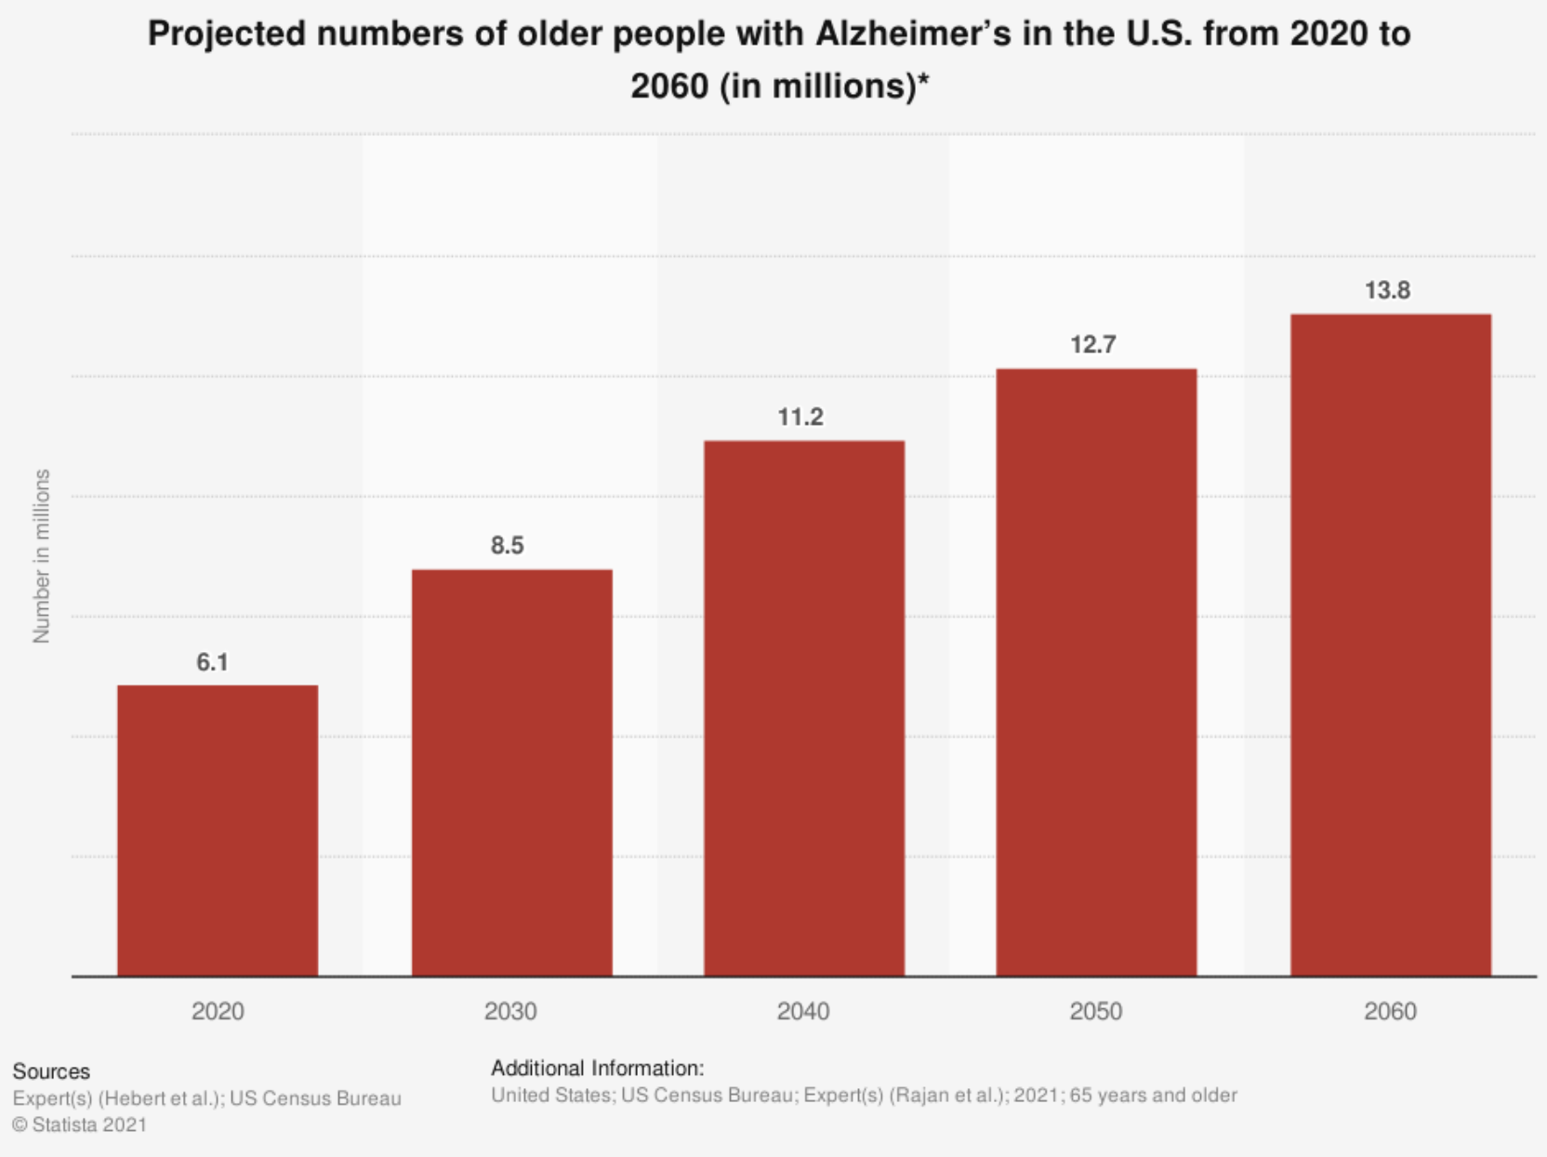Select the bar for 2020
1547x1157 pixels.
point(218,830)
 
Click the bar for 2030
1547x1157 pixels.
point(511,772)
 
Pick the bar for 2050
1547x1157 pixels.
point(1096,672)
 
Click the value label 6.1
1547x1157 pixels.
point(212,662)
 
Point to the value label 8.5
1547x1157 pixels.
point(508,545)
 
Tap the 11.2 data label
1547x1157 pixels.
point(800,417)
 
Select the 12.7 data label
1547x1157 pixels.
point(1092,345)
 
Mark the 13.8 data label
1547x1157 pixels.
point(1387,291)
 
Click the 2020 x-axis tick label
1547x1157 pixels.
point(218,1011)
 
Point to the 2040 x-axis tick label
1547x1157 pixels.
point(803,1011)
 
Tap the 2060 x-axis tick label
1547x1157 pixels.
point(1390,1011)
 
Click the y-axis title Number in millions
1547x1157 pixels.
point(41,556)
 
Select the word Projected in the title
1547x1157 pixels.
point(227,33)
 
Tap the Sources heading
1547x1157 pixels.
point(51,1071)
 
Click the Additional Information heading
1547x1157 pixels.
point(597,1068)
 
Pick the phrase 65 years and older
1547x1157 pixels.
point(1153,1095)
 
